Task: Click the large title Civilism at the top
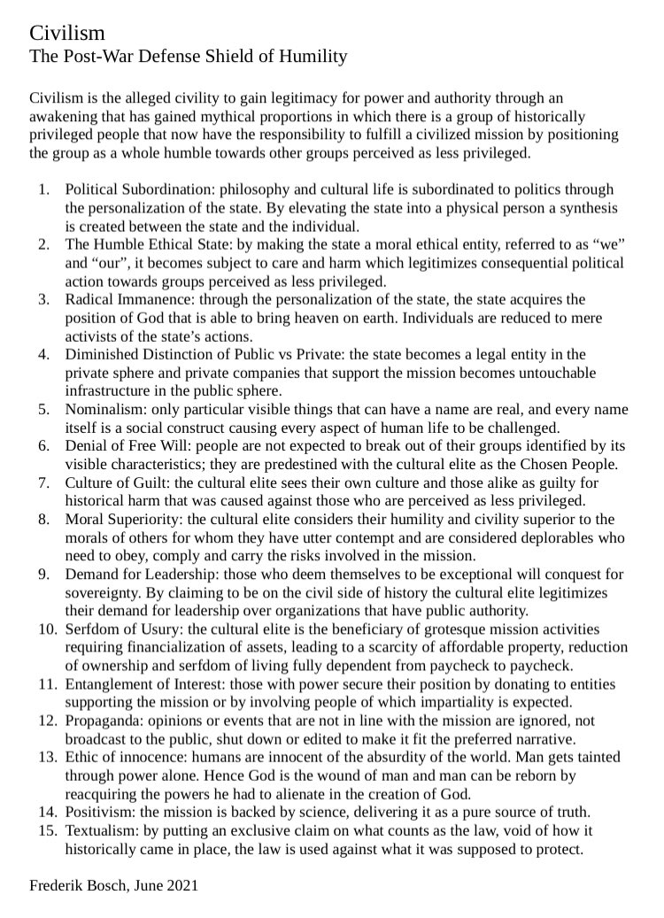(x=67, y=34)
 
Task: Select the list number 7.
(x=43, y=482)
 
